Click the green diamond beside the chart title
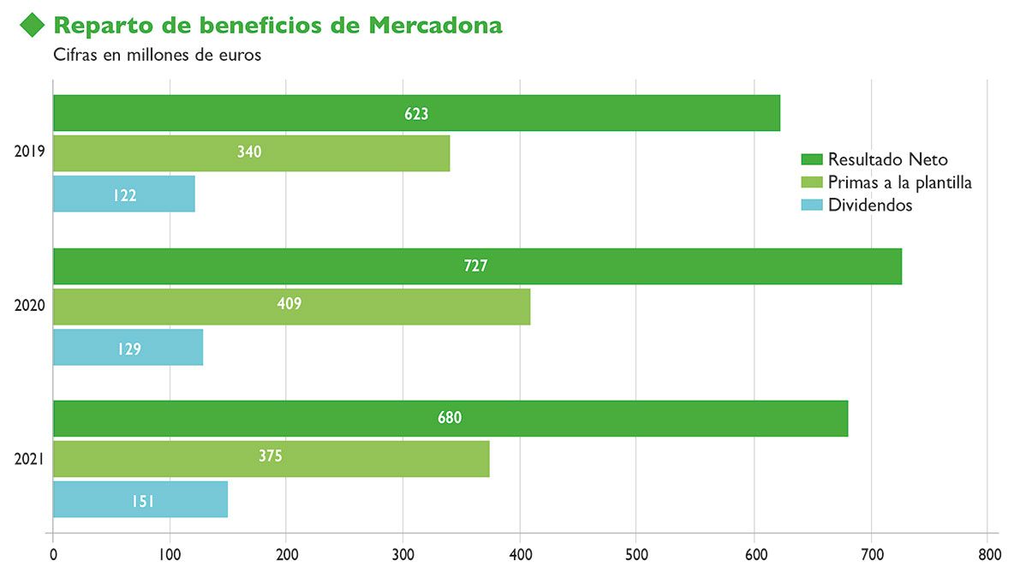coord(33,26)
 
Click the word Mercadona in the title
coord(435,26)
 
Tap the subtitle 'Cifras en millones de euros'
coord(157,56)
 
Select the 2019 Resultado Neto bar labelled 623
coord(416,113)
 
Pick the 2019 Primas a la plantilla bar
coord(251,152)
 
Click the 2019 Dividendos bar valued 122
coord(124,194)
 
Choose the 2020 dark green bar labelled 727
coord(476,266)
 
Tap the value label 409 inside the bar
coord(289,304)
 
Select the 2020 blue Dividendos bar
coord(128,348)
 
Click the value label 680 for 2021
coord(449,418)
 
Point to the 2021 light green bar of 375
coord(271,458)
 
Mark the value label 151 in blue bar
coord(142,500)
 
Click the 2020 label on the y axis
coord(30,306)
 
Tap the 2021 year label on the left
coord(30,459)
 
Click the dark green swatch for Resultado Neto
coord(811,159)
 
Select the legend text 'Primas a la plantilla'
coord(899,182)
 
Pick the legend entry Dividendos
coord(870,206)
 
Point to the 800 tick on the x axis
coord(987,555)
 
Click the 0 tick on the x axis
coord(53,555)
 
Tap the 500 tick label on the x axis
coord(637,555)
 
